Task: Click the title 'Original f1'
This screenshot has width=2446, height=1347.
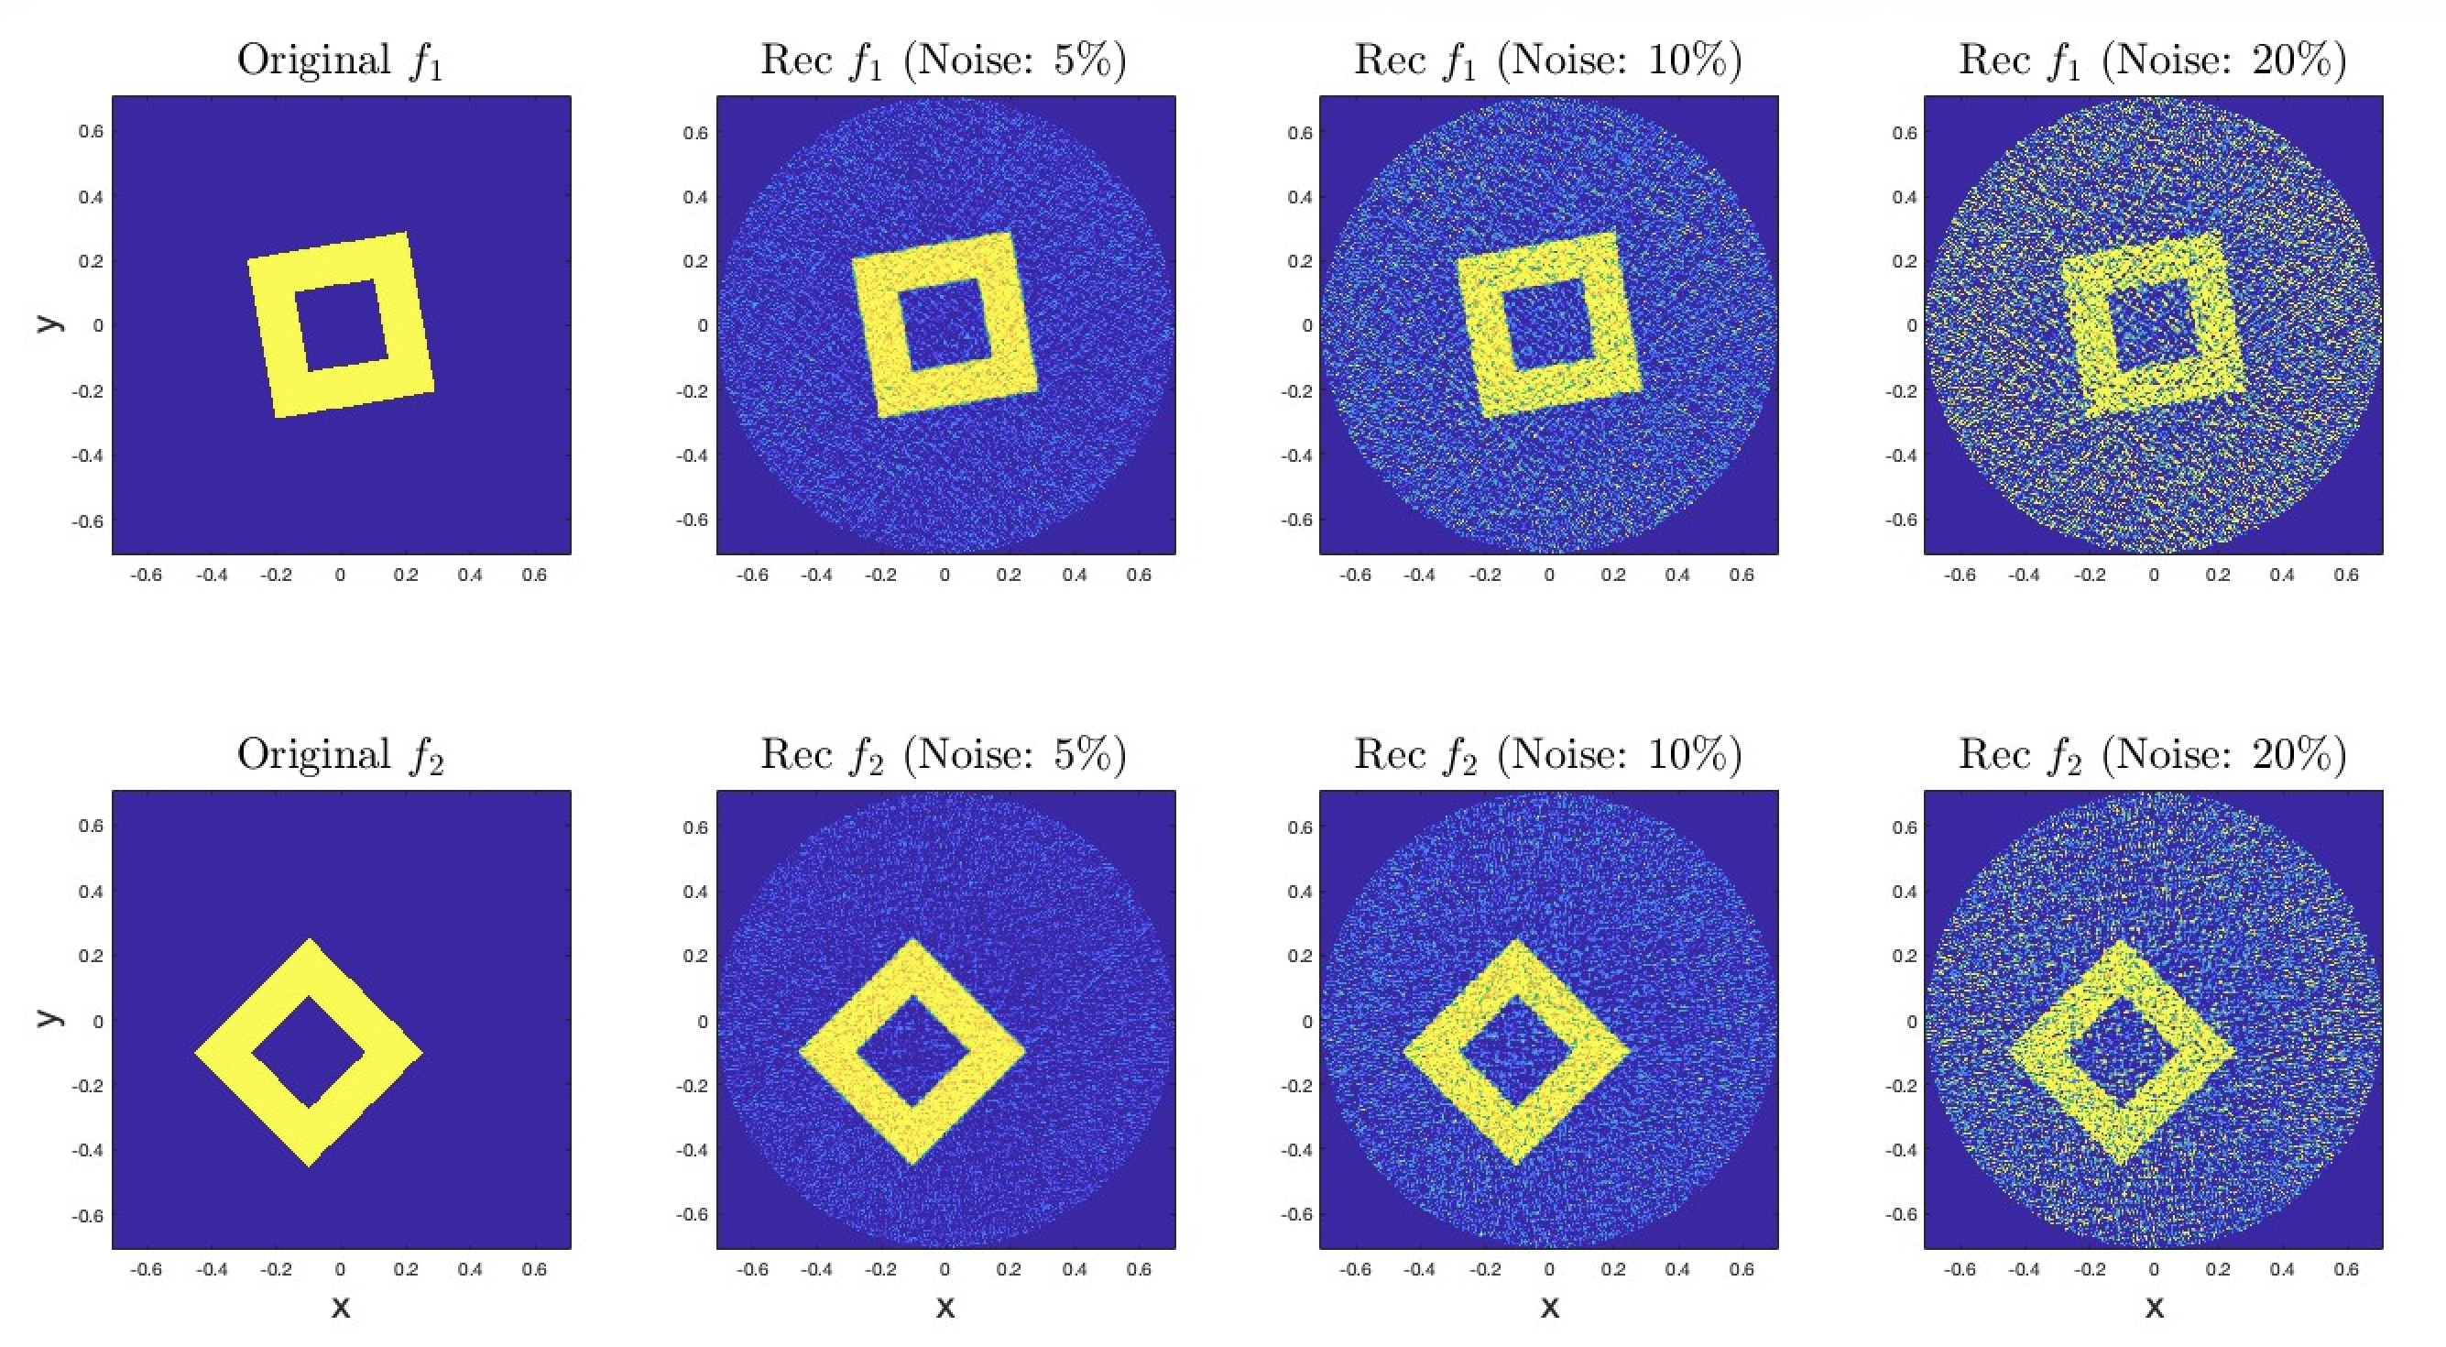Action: [x=340, y=60]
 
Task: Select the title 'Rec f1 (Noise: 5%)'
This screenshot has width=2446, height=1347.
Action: [x=944, y=60]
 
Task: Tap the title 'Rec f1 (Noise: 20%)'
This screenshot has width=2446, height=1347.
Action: [x=2153, y=60]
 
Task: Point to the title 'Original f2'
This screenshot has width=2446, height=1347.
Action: [x=340, y=755]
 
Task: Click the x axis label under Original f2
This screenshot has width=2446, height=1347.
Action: [x=341, y=1308]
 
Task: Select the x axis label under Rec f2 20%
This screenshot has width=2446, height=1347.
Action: [x=2155, y=1308]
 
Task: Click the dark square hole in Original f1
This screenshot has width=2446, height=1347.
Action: [x=342, y=325]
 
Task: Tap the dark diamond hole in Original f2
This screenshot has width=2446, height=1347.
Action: [x=309, y=1052]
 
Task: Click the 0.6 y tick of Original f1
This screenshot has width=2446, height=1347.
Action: [x=92, y=131]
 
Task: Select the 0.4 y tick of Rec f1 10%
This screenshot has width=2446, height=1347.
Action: [x=1300, y=197]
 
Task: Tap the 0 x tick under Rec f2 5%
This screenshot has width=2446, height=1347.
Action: [x=945, y=1269]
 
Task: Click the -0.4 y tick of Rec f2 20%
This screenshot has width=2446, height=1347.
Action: [x=1901, y=1149]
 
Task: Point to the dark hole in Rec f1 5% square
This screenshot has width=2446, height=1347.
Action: [x=945, y=325]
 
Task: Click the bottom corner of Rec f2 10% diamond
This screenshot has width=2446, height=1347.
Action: [x=1516, y=1165]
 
